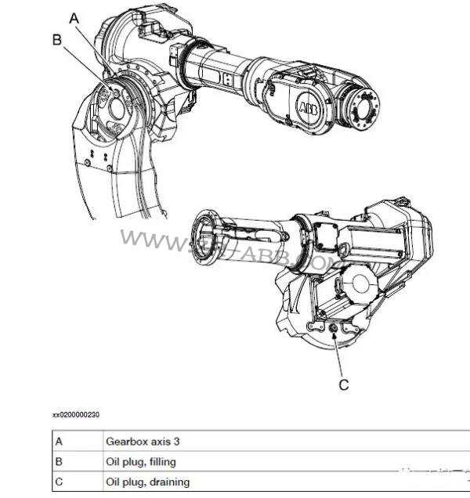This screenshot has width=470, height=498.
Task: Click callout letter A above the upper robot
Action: [75, 16]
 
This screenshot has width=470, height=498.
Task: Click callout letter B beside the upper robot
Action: [56, 39]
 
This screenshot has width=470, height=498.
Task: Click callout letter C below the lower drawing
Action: [343, 384]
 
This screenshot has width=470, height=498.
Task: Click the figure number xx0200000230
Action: [76, 414]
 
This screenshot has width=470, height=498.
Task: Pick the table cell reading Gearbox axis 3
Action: [137, 441]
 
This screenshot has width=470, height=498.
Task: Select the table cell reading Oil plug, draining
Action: [147, 482]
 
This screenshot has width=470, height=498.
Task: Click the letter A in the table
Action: [59, 441]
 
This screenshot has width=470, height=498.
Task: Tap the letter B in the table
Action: [59, 461]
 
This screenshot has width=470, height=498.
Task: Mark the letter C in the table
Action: [59, 482]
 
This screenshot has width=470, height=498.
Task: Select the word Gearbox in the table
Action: [125, 441]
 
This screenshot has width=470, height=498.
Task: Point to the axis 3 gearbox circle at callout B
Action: [115, 106]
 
